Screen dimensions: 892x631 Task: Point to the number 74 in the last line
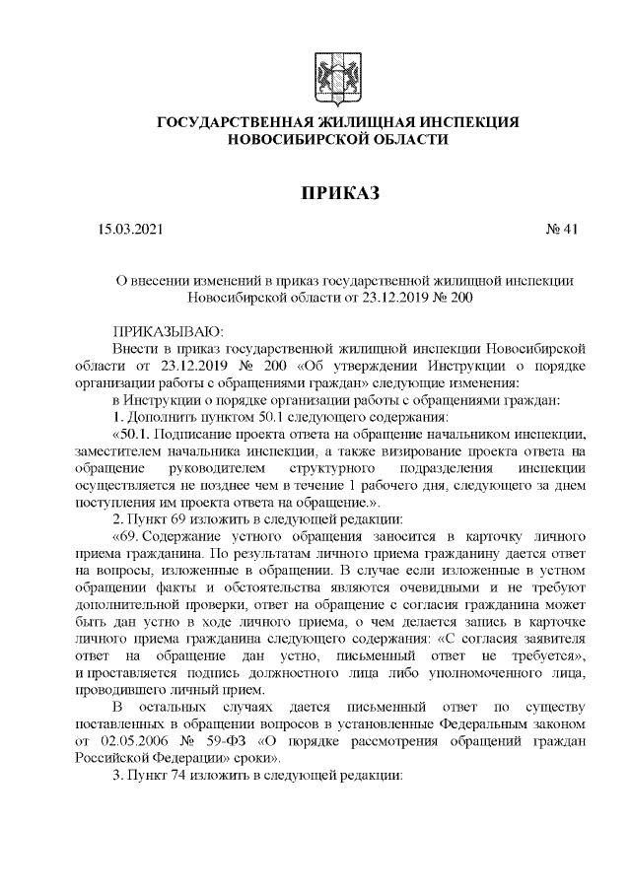(179, 775)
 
